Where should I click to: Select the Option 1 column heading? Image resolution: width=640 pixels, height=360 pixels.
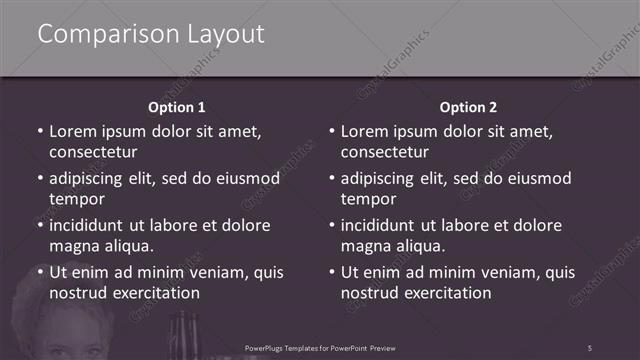176,106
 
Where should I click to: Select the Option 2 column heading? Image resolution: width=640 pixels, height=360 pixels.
468,106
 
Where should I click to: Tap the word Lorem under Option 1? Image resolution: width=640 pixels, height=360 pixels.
74,131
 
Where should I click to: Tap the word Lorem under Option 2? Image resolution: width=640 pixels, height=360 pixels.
366,131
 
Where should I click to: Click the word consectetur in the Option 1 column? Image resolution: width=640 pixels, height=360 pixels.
93,153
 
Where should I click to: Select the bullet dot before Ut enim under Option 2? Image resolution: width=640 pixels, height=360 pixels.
331,272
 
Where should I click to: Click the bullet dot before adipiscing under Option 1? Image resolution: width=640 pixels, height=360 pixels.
39,179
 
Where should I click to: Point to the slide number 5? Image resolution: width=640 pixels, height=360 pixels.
590,347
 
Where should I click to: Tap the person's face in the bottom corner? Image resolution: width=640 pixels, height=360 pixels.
75,335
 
